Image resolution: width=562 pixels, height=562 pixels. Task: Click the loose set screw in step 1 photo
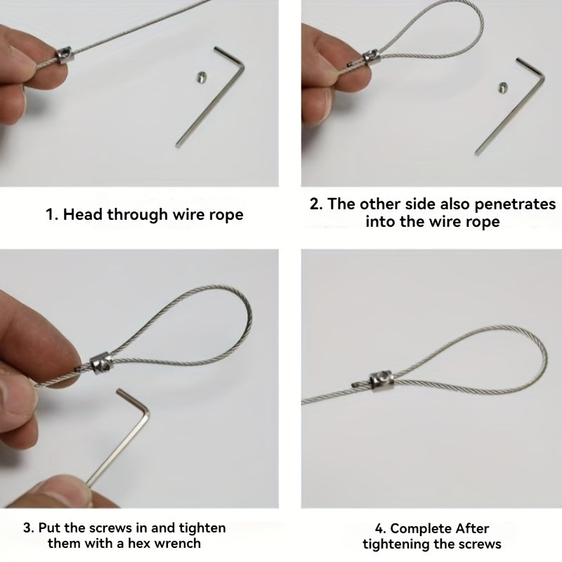coord(202,77)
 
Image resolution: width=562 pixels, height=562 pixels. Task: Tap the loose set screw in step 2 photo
coord(503,86)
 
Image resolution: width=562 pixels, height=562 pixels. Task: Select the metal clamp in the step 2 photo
coord(372,58)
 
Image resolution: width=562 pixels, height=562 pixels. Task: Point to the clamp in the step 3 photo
coord(101,363)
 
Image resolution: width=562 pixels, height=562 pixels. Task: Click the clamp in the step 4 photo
coord(381,381)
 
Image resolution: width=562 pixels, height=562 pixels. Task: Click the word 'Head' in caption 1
coord(84,214)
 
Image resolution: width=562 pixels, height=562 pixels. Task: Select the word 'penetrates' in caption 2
coord(515,204)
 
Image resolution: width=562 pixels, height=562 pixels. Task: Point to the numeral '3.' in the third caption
coord(29,528)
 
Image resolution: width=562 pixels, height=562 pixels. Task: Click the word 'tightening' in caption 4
coord(396,544)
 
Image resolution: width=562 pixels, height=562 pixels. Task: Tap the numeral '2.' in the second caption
coord(316,204)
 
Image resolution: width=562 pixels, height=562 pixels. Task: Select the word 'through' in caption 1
coord(138,215)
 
